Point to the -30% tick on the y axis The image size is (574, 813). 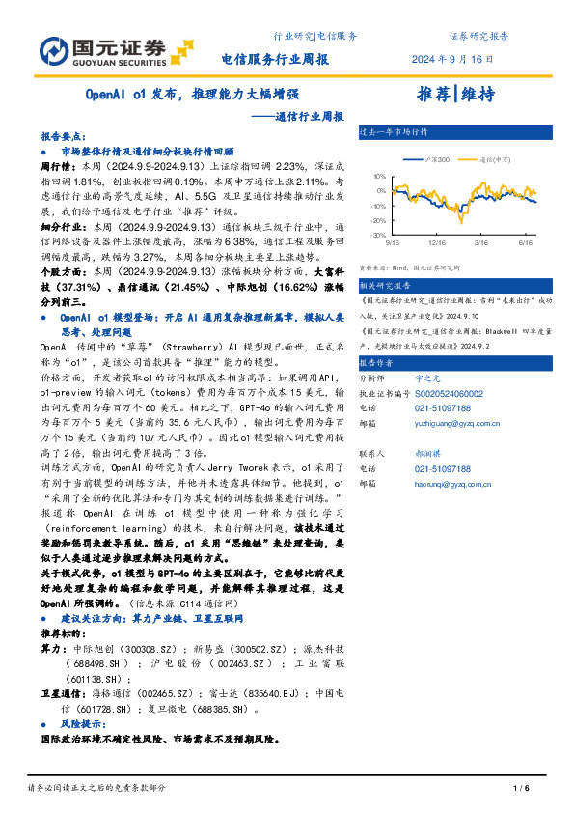(x=377, y=235)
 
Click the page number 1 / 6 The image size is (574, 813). (x=522, y=789)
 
